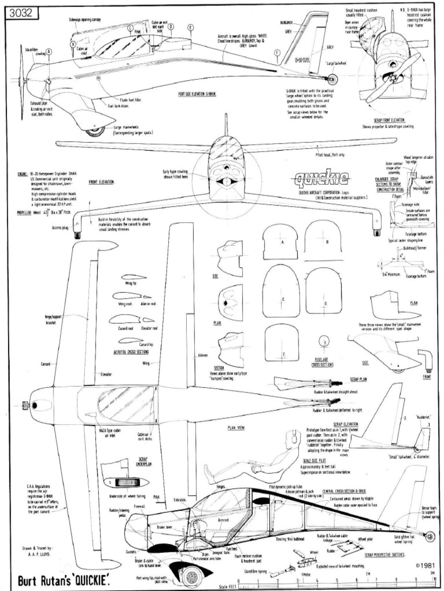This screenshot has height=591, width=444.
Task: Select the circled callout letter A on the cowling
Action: (x=49, y=51)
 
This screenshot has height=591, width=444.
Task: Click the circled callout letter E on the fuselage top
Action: (x=190, y=27)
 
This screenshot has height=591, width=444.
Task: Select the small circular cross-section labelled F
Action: (x=325, y=343)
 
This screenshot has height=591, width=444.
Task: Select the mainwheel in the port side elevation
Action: (x=95, y=132)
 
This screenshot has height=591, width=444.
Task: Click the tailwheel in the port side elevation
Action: (x=332, y=80)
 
